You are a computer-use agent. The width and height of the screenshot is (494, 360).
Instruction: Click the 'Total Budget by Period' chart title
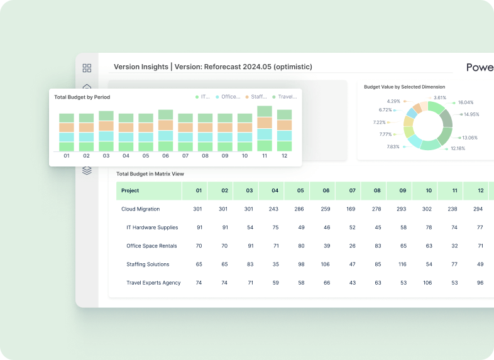(x=82, y=97)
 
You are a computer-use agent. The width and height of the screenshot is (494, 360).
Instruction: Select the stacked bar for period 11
(x=265, y=129)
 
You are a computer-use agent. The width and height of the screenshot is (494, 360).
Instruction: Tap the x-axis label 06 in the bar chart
(x=165, y=156)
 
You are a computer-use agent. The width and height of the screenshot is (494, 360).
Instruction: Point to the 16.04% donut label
(x=465, y=102)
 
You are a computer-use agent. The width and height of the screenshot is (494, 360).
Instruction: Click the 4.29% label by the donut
(x=394, y=101)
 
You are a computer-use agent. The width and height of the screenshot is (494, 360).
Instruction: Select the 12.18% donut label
(x=457, y=148)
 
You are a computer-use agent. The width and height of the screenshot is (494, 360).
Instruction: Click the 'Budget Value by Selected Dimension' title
(x=404, y=87)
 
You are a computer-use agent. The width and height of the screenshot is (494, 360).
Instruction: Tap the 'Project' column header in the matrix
(x=130, y=190)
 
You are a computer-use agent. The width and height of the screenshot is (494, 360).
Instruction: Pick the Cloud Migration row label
(x=140, y=209)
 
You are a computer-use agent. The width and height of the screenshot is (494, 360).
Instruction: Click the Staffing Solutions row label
(x=148, y=265)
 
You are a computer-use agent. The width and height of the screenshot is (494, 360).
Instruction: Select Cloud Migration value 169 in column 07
(x=352, y=209)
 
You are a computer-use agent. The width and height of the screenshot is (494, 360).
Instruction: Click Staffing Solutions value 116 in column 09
(x=403, y=265)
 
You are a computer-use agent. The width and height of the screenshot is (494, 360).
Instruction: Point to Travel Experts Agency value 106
(x=428, y=283)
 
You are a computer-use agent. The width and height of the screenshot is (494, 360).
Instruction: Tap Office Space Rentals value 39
(x=326, y=246)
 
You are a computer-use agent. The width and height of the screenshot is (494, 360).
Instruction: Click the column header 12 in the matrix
(x=480, y=190)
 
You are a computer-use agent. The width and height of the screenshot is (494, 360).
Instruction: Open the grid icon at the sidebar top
(x=87, y=68)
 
